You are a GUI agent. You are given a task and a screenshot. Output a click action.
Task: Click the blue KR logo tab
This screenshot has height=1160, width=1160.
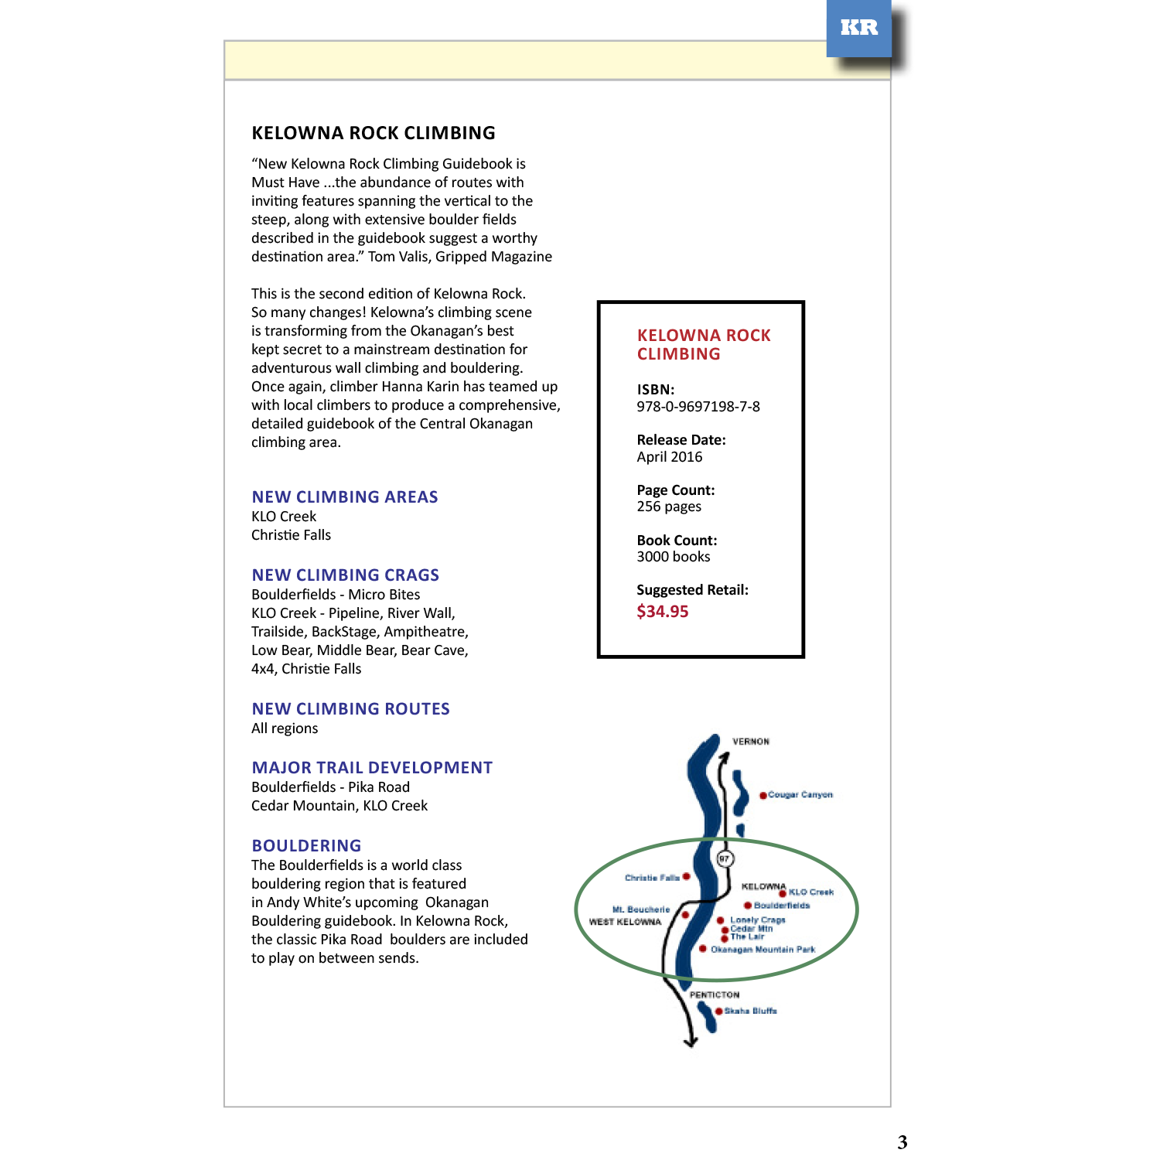point(858,28)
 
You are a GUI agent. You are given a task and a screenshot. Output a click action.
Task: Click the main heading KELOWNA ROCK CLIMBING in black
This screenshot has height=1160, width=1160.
point(374,133)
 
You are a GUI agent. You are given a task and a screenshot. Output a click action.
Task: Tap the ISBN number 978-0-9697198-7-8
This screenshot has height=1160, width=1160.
point(698,407)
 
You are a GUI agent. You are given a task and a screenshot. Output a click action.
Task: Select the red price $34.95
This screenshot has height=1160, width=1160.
point(662,612)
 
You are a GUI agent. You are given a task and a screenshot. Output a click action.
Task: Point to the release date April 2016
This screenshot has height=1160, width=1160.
point(669,457)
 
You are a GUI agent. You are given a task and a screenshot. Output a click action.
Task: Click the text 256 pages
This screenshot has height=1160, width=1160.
point(668,507)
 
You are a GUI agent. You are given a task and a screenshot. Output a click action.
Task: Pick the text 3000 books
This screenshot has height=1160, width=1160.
point(673,557)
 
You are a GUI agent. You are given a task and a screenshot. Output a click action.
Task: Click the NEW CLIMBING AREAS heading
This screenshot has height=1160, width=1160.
point(344,497)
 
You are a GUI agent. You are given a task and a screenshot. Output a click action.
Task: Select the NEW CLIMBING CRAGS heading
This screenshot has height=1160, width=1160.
point(345,575)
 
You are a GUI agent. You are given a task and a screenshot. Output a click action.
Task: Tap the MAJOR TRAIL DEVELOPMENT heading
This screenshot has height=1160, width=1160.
point(371,768)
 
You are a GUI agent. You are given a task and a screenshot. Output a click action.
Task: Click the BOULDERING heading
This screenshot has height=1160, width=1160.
point(306,846)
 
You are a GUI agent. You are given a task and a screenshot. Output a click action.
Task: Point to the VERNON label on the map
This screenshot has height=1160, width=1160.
point(750,742)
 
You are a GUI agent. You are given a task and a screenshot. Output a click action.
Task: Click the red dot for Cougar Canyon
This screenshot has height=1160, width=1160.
point(763,795)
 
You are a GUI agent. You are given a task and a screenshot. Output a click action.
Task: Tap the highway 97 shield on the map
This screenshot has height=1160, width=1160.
point(724,858)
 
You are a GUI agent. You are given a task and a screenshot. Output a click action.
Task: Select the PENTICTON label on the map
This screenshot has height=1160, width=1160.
point(714,995)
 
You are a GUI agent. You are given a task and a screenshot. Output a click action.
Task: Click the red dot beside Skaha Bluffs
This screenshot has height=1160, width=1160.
point(718,1012)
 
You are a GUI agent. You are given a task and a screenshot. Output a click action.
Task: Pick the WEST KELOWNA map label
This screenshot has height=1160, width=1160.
point(625,922)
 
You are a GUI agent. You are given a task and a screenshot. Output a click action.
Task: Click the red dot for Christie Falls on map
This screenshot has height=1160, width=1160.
point(686,877)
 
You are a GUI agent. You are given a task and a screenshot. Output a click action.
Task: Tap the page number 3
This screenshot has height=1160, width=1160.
point(902,1142)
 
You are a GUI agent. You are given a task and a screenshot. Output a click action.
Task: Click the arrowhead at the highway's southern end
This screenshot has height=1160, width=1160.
point(691,1042)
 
